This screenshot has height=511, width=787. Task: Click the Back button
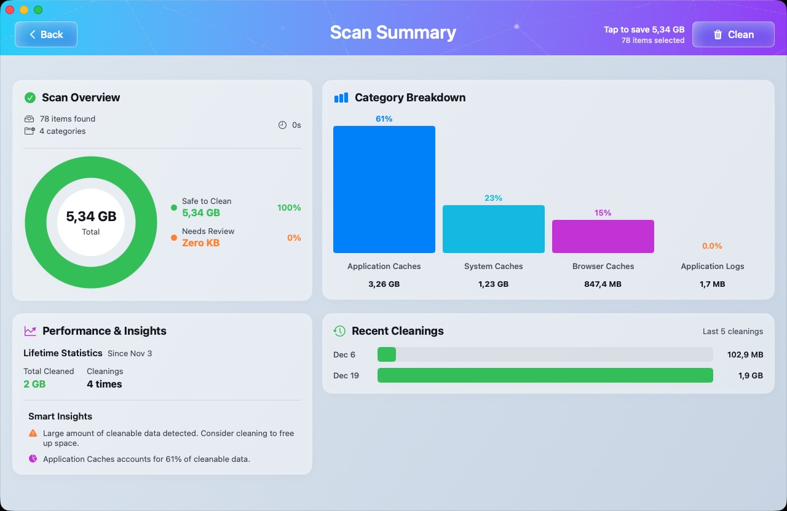[46, 34]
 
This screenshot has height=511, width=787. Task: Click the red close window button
[10, 10]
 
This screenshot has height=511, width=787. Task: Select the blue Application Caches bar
[384, 189]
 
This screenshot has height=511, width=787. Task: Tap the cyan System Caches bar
[493, 229]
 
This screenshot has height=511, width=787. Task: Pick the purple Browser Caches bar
[603, 236]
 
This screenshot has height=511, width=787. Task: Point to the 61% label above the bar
[384, 119]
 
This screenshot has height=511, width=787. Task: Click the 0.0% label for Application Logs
[712, 246]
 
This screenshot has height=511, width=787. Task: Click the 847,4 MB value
[603, 284]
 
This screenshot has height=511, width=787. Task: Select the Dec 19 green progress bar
[545, 375]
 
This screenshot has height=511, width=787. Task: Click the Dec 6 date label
[344, 354]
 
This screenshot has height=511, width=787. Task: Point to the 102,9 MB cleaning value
[745, 354]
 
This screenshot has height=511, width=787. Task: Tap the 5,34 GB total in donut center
[91, 216]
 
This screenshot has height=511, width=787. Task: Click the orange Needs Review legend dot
[174, 238]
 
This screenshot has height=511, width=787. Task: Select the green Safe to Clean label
[207, 201]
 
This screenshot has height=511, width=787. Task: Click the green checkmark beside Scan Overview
[30, 98]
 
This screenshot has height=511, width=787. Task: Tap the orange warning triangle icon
[33, 433]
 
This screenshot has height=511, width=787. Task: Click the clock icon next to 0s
[282, 125]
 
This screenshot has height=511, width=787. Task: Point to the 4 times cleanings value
[105, 384]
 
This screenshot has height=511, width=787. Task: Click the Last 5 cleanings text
[732, 331]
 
